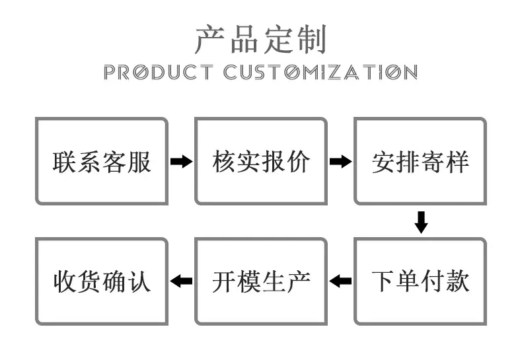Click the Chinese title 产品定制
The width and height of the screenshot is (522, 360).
coord(260,40)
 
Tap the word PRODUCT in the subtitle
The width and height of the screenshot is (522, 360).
coord(158,72)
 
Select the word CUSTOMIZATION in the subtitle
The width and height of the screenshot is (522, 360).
coord(320,72)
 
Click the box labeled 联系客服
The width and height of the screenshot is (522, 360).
coord(102,161)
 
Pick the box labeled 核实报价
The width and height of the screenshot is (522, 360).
coord(261,161)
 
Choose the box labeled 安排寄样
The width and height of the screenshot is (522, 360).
coord(420,161)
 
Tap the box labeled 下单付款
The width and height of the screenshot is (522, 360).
coord(420,281)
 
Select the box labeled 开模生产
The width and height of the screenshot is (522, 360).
coord(261,281)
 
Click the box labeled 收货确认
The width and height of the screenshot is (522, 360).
coord(102,281)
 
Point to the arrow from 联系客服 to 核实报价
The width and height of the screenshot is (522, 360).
coord(182,162)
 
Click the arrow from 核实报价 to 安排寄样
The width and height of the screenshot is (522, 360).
coord(340,162)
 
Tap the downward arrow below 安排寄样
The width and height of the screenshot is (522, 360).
coord(421,222)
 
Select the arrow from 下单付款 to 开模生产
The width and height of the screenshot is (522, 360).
coord(340,281)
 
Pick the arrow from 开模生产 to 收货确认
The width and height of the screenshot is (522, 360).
coord(182,281)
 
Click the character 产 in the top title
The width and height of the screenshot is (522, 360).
coord(209,40)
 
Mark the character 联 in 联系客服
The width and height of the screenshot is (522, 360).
coord(65,162)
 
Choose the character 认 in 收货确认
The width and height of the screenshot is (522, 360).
coord(139,281)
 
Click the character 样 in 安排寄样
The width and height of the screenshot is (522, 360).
coord(457,162)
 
